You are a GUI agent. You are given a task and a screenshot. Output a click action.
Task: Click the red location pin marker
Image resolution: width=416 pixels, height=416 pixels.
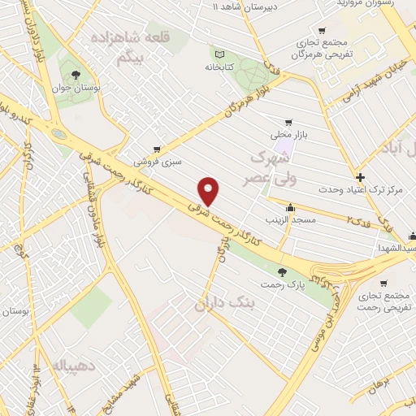[x=209, y=191]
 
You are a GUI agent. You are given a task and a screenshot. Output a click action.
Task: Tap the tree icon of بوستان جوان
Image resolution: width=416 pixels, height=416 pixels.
[x=76, y=74]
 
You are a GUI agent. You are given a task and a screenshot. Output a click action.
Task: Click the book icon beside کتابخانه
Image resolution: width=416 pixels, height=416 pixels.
[x=219, y=51]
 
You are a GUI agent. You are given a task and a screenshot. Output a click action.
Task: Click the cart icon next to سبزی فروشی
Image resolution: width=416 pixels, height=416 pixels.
[x=156, y=149]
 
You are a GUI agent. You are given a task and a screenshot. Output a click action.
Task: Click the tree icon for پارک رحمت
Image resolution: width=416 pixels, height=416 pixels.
[x=282, y=272]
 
